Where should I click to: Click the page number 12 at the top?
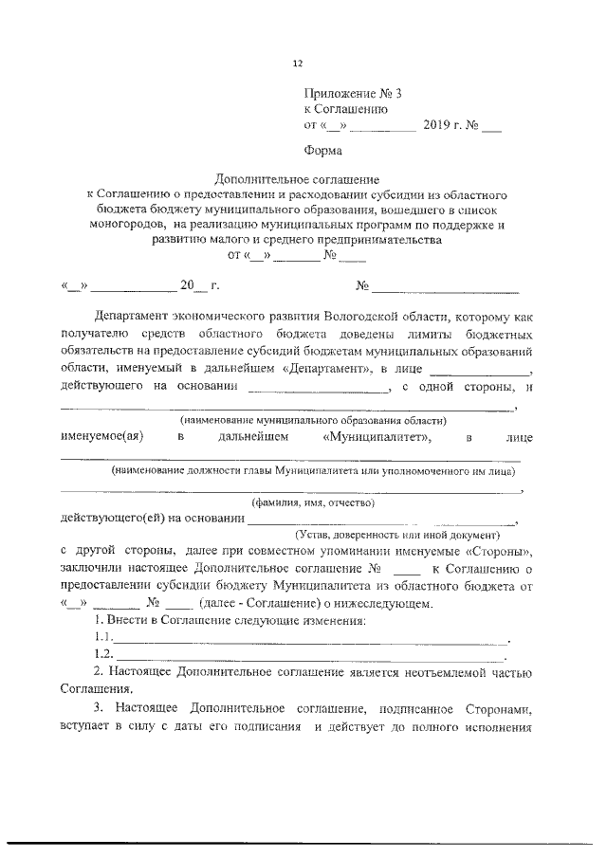point(297,64)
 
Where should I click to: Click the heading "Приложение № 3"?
point(346,94)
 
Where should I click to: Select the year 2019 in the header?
point(438,125)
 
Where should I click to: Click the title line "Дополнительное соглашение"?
point(297,178)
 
